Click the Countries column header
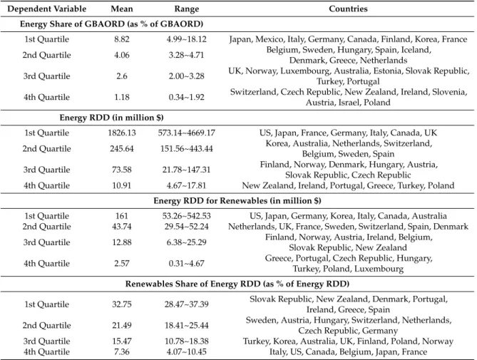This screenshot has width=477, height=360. pyautogui.click(x=348, y=9)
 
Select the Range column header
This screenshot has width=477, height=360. pyautogui.click(x=187, y=9)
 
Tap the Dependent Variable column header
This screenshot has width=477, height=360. pyautogui.click(x=46, y=9)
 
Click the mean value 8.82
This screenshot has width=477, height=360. pyautogui.click(x=122, y=39)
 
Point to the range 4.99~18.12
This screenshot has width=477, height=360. pyautogui.click(x=187, y=39)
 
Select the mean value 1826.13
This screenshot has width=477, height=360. pyautogui.click(x=122, y=133)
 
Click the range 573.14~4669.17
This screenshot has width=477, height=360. pyautogui.click(x=187, y=133)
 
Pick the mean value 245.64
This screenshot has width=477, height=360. pyautogui.click(x=122, y=149)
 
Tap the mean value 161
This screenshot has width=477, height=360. pyautogui.click(x=122, y=216)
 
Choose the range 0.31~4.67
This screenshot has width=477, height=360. pyautogui.click(x=187, y=263)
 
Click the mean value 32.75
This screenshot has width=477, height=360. pyautogui.click(x=122, y=304)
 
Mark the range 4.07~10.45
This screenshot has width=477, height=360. pyautogui.click(x=187, y=351)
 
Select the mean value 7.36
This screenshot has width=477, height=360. pyautogui.click(x=122, y=351)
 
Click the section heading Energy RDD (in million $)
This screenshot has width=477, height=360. pyautogui.click(x=111, y=118)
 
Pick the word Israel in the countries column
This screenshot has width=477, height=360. pyautogui.click(x=349, y=103)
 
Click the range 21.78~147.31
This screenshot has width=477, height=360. pyautogui.click(x=187, y=170)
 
